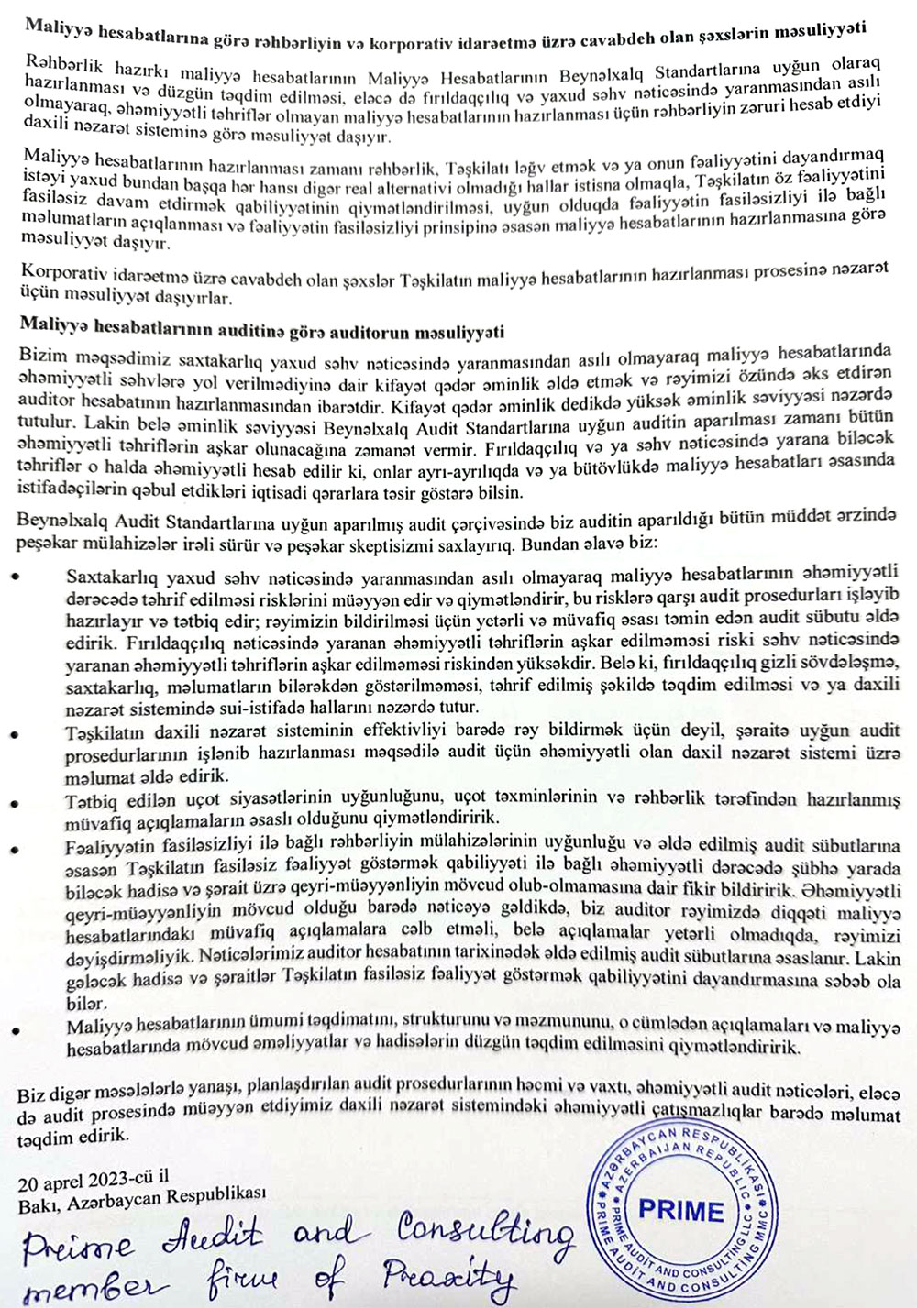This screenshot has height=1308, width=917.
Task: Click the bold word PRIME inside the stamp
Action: (x=680, y=1210)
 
